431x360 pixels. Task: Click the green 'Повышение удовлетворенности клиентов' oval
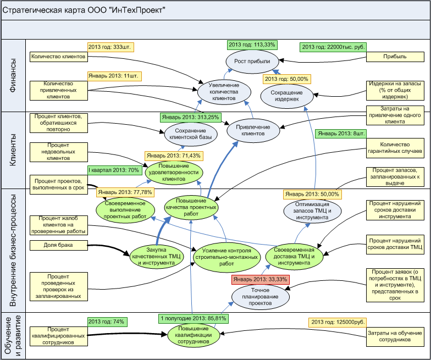(x=174, y=171)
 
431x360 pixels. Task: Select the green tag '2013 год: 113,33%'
(x=252, y=45)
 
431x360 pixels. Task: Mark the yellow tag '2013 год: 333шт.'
(x=112, y=47)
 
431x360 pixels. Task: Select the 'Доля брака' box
(x=58, y=245)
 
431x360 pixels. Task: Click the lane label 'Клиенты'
(x=13, y=149)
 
